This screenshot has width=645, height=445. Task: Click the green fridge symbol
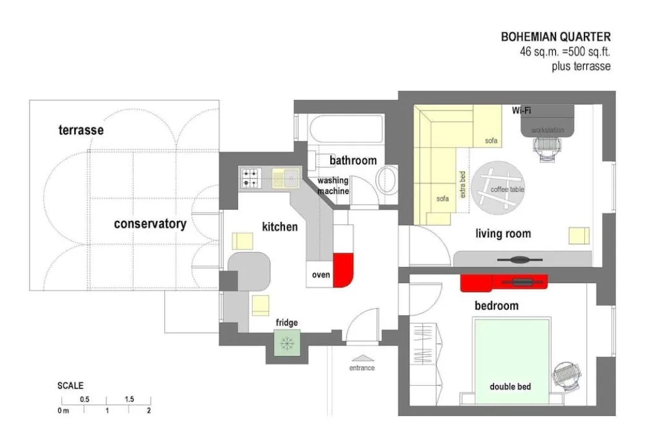287,343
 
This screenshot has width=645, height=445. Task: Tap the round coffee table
498,187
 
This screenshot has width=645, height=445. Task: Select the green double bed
511,361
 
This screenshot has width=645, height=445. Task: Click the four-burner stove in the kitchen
250,178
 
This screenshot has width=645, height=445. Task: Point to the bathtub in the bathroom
346,129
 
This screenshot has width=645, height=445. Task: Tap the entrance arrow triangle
362,358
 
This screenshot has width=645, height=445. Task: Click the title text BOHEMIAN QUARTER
556,37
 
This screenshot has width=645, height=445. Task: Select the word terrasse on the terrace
81,130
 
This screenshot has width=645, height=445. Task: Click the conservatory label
150,224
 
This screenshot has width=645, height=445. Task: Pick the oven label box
320,274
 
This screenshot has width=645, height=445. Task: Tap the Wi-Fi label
521,110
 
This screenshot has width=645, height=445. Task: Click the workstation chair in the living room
547,148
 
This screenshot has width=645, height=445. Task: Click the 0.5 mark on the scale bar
85,399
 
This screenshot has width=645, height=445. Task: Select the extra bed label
463,184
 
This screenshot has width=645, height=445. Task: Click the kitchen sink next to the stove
286,177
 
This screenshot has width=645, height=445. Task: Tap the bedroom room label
497,305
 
